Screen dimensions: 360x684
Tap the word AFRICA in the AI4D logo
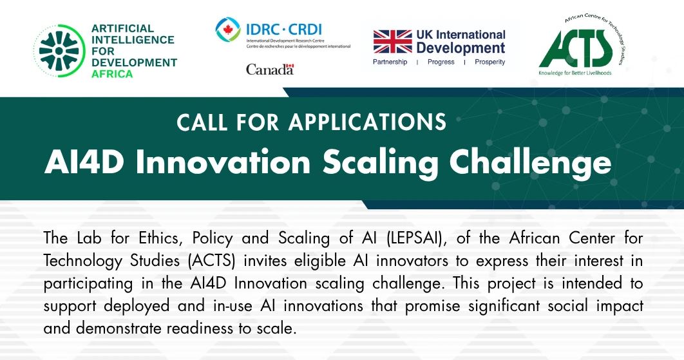pos(112,74)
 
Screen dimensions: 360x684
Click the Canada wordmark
pos(270,70)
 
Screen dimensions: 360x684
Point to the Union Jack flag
pos(392,41)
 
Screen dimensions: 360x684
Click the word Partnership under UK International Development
pos(390,62)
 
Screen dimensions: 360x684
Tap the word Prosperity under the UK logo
pos(489,62)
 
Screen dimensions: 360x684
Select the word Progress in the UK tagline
pos(441,62)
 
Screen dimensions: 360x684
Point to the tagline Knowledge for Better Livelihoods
pos(575,73)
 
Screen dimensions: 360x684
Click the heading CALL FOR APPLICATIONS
pos(311,122)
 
